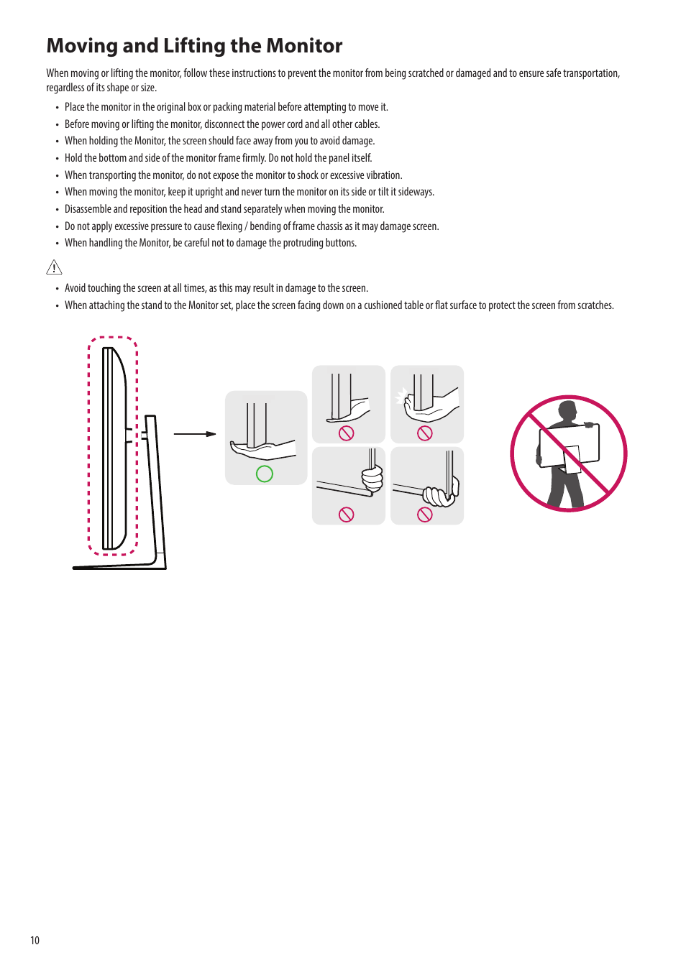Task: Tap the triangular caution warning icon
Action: coord(54,267)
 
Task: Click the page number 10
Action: coord(35,941)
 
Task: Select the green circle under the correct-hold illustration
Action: coord(265,474)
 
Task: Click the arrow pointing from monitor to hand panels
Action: coord(195,434)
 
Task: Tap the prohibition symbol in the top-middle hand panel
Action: coord(347,433)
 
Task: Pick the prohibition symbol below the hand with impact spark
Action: coord(425,433)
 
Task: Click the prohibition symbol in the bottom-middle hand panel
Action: coord(347,515)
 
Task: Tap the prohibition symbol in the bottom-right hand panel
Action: coord(425,515)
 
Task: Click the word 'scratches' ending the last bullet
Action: coord(595,305)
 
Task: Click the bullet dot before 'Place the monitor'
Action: coord(57,108)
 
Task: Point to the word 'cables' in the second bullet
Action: coord(366,124)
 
